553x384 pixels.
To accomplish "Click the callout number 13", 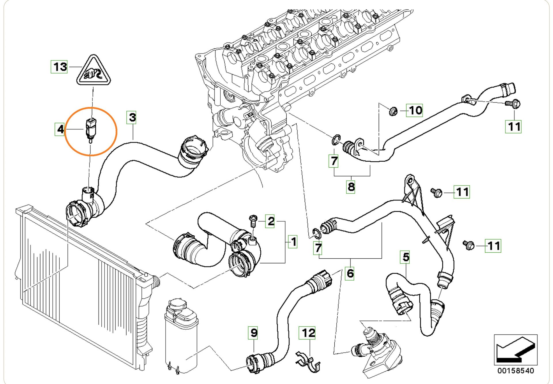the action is pyautogui.click(x=59, y=67).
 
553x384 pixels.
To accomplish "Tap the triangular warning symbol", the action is pyautogui.click(x=93, y=71).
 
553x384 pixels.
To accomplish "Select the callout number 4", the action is pyautogui.click(x=60, y=129).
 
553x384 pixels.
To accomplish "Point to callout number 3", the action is pyautogui.click(x=132, y=118).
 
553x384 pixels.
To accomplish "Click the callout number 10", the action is pyautogui.click(x=414, y=110).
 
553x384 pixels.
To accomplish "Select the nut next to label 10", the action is pyautogui.click(x=393, y=111).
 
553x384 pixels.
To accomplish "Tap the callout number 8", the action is pyautogui.click(x=351, y=187).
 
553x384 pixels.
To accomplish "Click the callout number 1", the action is pyautogui.click(x=293, y=241).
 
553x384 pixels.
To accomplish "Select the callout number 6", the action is pyautogui.click(x=350, y=273).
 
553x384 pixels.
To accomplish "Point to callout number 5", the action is pyautogui.click(x=406, y=257).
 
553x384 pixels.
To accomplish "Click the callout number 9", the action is pyautogui.click(x=253, y=333).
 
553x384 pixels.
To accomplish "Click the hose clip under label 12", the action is pyautogui.click(x=308, y=362).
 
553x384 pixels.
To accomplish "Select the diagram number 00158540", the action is pyautogui.click(x=516, y=371).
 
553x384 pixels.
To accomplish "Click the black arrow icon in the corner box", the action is pyautogui.click(x=516, y=350).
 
